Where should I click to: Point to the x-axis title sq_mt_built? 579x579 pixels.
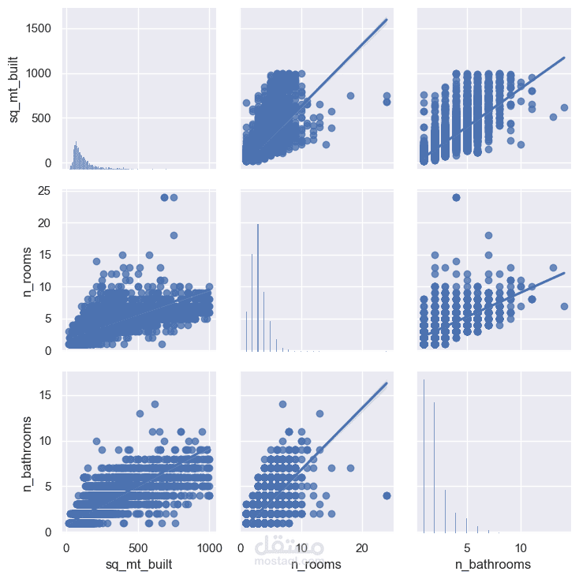(x=138, y=565)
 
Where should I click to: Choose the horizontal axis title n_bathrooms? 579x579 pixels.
(x=493, y=565)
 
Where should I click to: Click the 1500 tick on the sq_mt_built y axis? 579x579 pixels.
(x=39, y=28)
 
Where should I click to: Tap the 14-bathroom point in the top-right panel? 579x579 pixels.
(x=564, y=107)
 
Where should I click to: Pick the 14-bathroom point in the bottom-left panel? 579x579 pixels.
(x=155, y=404)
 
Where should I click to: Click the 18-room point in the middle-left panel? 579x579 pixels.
(x=174, y=235)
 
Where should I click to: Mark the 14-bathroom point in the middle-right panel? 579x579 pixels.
(x=564, y=306)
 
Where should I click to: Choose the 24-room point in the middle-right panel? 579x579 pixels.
(x=456, y=197)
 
